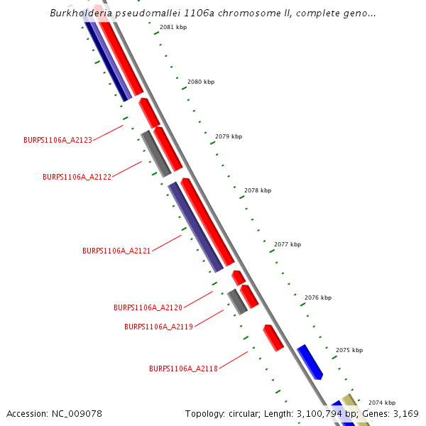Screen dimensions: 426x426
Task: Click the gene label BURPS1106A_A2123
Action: (x=58, y=141)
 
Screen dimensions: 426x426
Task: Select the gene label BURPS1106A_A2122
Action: (x=77, y=177)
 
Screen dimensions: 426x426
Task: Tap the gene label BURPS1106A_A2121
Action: (x=116, y=251)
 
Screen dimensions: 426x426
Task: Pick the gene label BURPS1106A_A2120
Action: (x=148, y=307)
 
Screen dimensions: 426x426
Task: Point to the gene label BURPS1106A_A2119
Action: (x=158, y=327)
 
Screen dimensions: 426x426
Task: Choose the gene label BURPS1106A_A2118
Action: (x=183, y=368)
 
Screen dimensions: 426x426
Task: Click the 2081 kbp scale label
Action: (x=173, y=27)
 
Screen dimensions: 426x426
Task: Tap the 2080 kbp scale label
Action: (x=201, y=82)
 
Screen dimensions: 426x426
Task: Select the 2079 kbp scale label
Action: (x=229, y=136)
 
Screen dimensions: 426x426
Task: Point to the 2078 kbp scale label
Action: (x=258, y=190)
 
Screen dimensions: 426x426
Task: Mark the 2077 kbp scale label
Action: (x=288, y=244)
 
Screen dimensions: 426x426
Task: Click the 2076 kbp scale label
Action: (x=318, y=298)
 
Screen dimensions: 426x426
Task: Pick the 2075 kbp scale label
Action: (x=349, y=350)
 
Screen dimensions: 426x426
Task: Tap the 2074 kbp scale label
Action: (x=382, y=403)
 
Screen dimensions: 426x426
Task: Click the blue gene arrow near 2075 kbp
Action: (x=310, y=361)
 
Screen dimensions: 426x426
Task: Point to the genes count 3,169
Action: (x=405, y=413)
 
